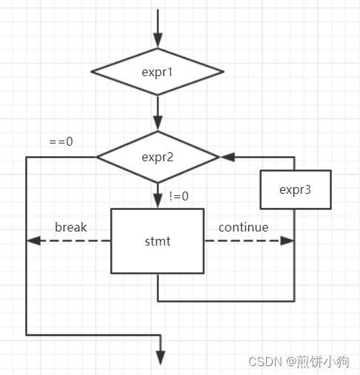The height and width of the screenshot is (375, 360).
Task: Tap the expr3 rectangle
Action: pos(295,189)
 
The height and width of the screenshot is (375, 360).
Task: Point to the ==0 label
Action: pos(61,141)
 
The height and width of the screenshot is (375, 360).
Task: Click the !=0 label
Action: pos(180,196)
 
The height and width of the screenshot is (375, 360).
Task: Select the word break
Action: pos(71,227)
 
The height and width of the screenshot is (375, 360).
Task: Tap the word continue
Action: pos(243,227)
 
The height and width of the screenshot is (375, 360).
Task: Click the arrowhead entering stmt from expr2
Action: pos(157,202)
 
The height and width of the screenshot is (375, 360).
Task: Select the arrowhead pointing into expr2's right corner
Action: pos(227,157)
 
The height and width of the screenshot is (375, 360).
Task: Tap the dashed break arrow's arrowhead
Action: pos(33,241)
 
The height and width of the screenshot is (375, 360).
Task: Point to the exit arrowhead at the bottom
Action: pos(157,357)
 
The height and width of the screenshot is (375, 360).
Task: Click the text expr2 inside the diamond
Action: pos(157,157)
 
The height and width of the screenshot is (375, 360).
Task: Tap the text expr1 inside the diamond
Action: pos(157,72)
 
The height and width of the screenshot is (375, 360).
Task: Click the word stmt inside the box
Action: pos(157,241)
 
